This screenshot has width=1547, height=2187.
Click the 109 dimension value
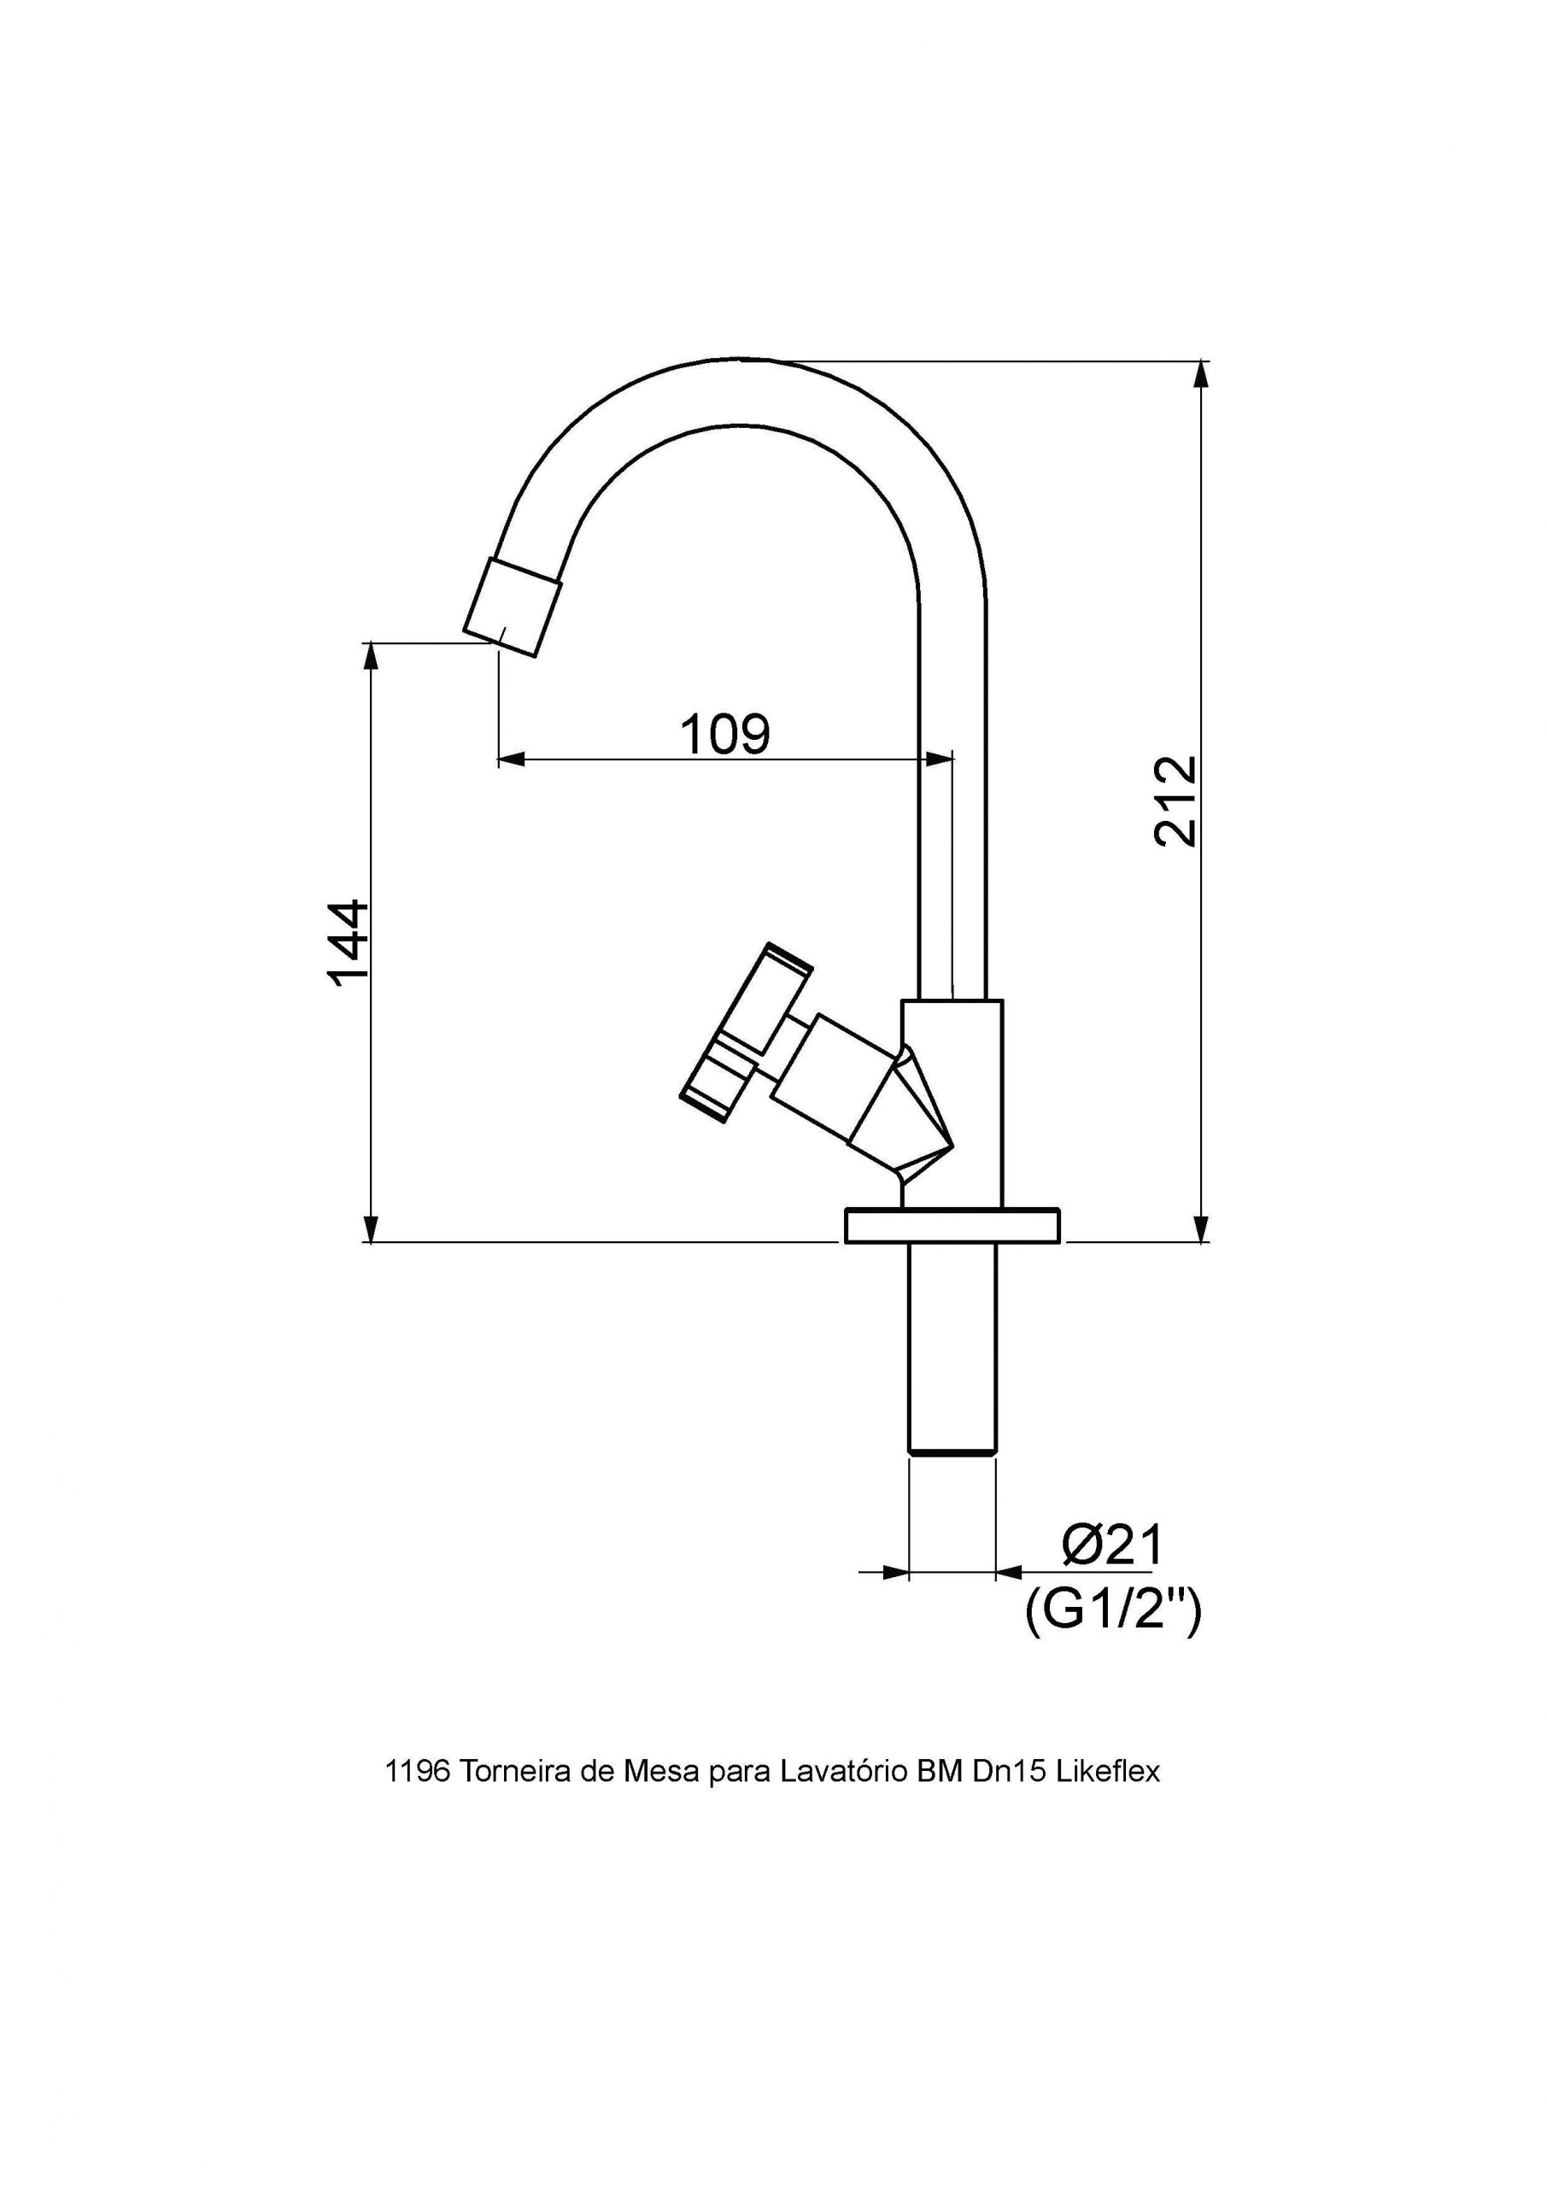(x=724, y=735)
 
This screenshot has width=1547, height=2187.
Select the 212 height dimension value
(x=1175, y=801)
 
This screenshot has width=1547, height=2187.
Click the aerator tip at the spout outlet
(x=512, y=607)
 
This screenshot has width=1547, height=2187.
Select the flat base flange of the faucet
(x=952, y=1226)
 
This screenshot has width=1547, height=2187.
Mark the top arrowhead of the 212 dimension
(x=1202, y=374)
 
